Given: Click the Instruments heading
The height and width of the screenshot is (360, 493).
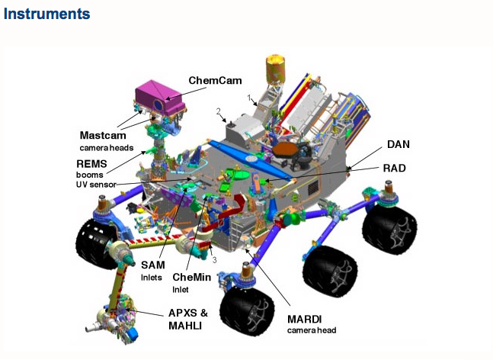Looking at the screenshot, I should (46, 14).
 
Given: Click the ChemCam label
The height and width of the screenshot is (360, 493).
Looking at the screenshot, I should (215, 79).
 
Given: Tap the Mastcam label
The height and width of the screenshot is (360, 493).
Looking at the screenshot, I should (102, 134).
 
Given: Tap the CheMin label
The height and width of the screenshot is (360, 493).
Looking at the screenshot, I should (191, 277).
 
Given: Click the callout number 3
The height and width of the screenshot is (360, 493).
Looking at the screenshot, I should (215, 260).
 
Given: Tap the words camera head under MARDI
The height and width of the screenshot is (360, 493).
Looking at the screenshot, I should (311, 330).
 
